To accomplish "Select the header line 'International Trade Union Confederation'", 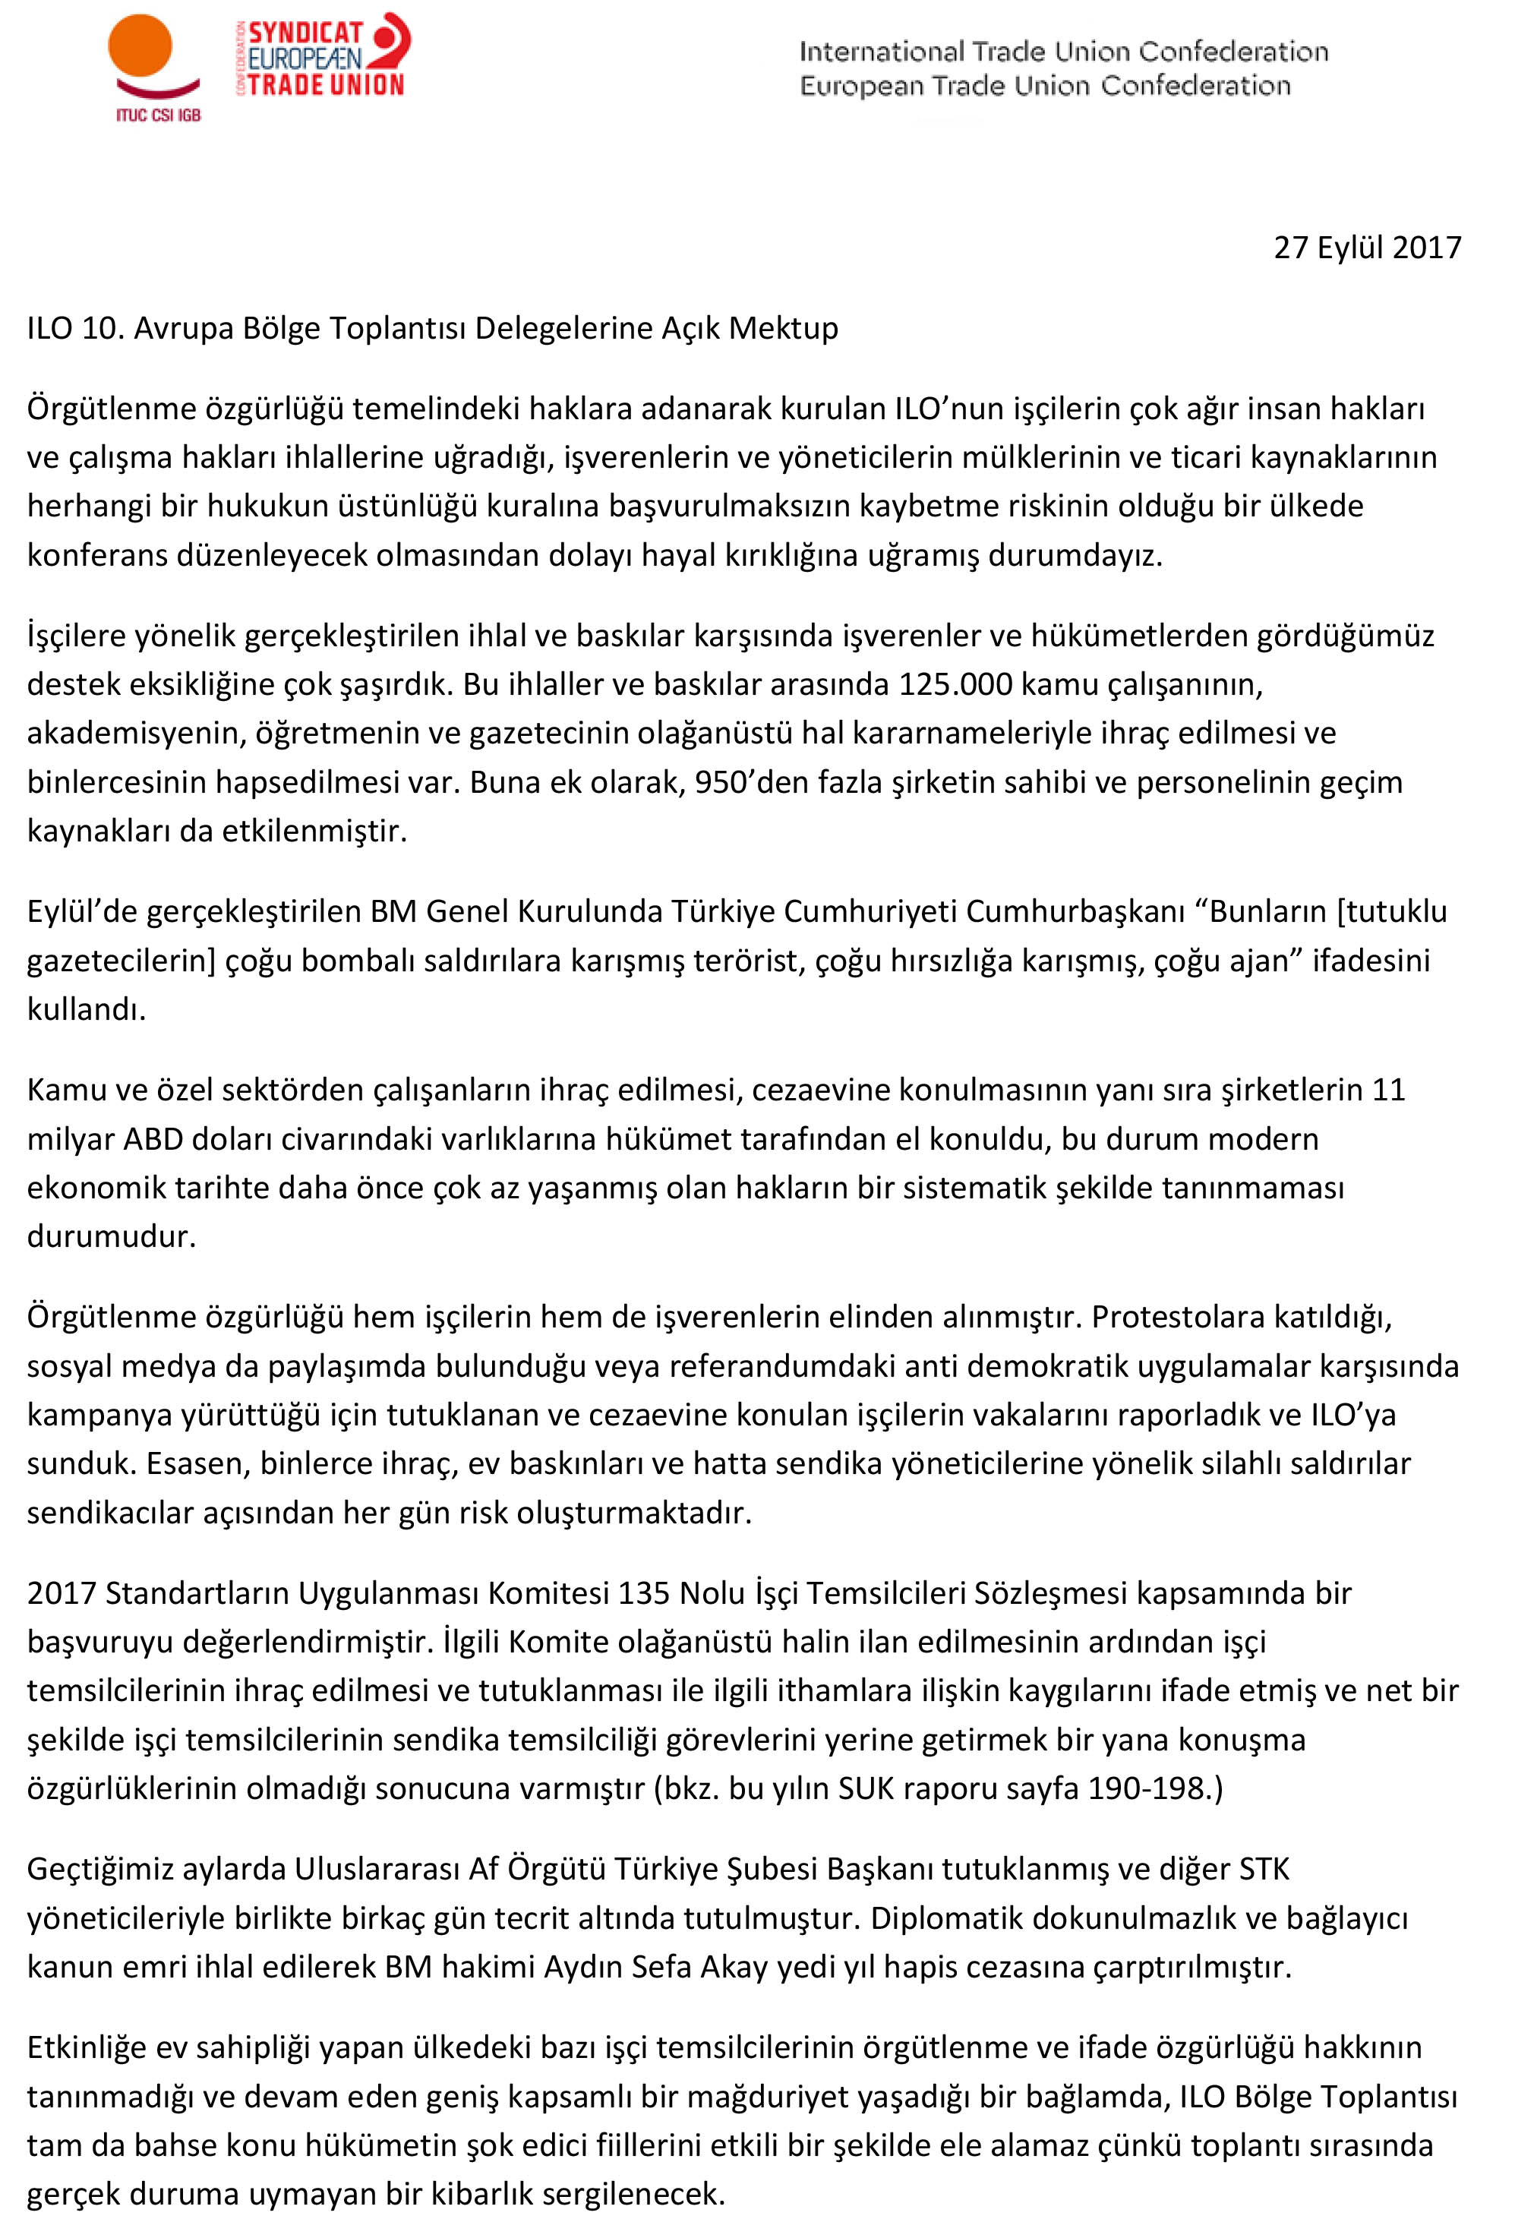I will pyautogui.click(x=1063, y=52).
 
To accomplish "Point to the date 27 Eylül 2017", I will pyautogui.click(x=1367, y=248).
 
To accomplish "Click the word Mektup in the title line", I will pyautogui.click(x=783, y=328).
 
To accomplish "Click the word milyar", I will pyautogui.click(x=71, y=1139).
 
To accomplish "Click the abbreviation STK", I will pyautogui.click(x=1264, y=1868).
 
